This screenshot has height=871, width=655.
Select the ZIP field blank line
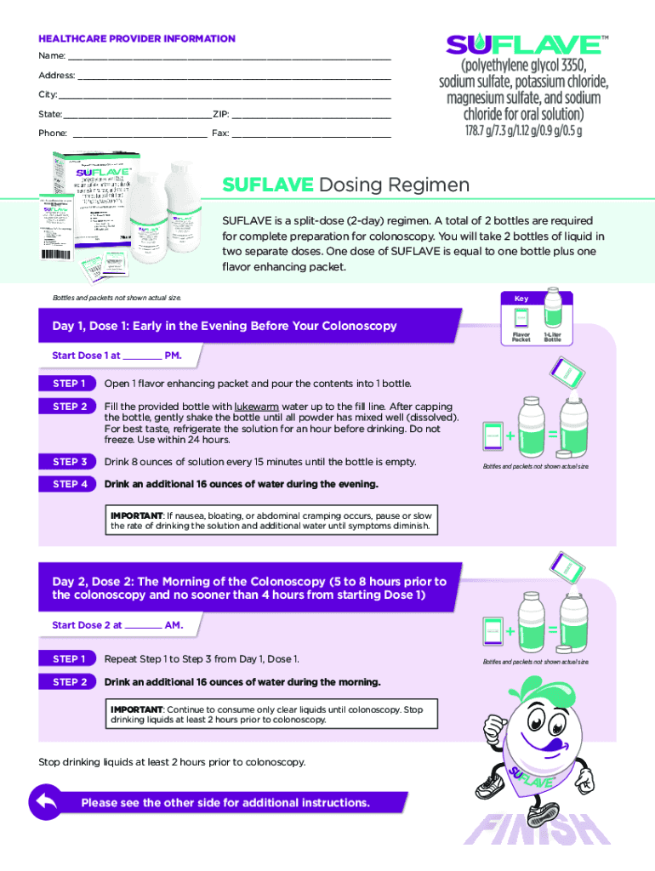click(311, 115)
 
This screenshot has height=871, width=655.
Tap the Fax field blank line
click(311, 134)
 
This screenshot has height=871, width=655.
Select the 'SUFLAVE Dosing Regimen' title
click(345, 185)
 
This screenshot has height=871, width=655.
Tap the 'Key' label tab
click(521, 299)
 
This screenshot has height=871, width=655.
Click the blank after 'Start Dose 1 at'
click(142, 356)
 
